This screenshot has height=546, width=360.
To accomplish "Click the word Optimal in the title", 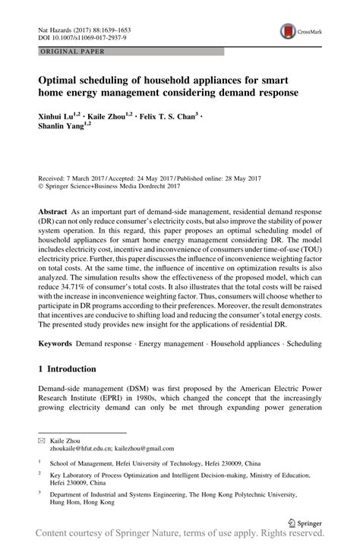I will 61,79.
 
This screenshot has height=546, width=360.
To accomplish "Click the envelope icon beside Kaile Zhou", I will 42,440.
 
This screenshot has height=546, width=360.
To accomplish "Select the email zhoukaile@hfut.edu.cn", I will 85,449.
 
